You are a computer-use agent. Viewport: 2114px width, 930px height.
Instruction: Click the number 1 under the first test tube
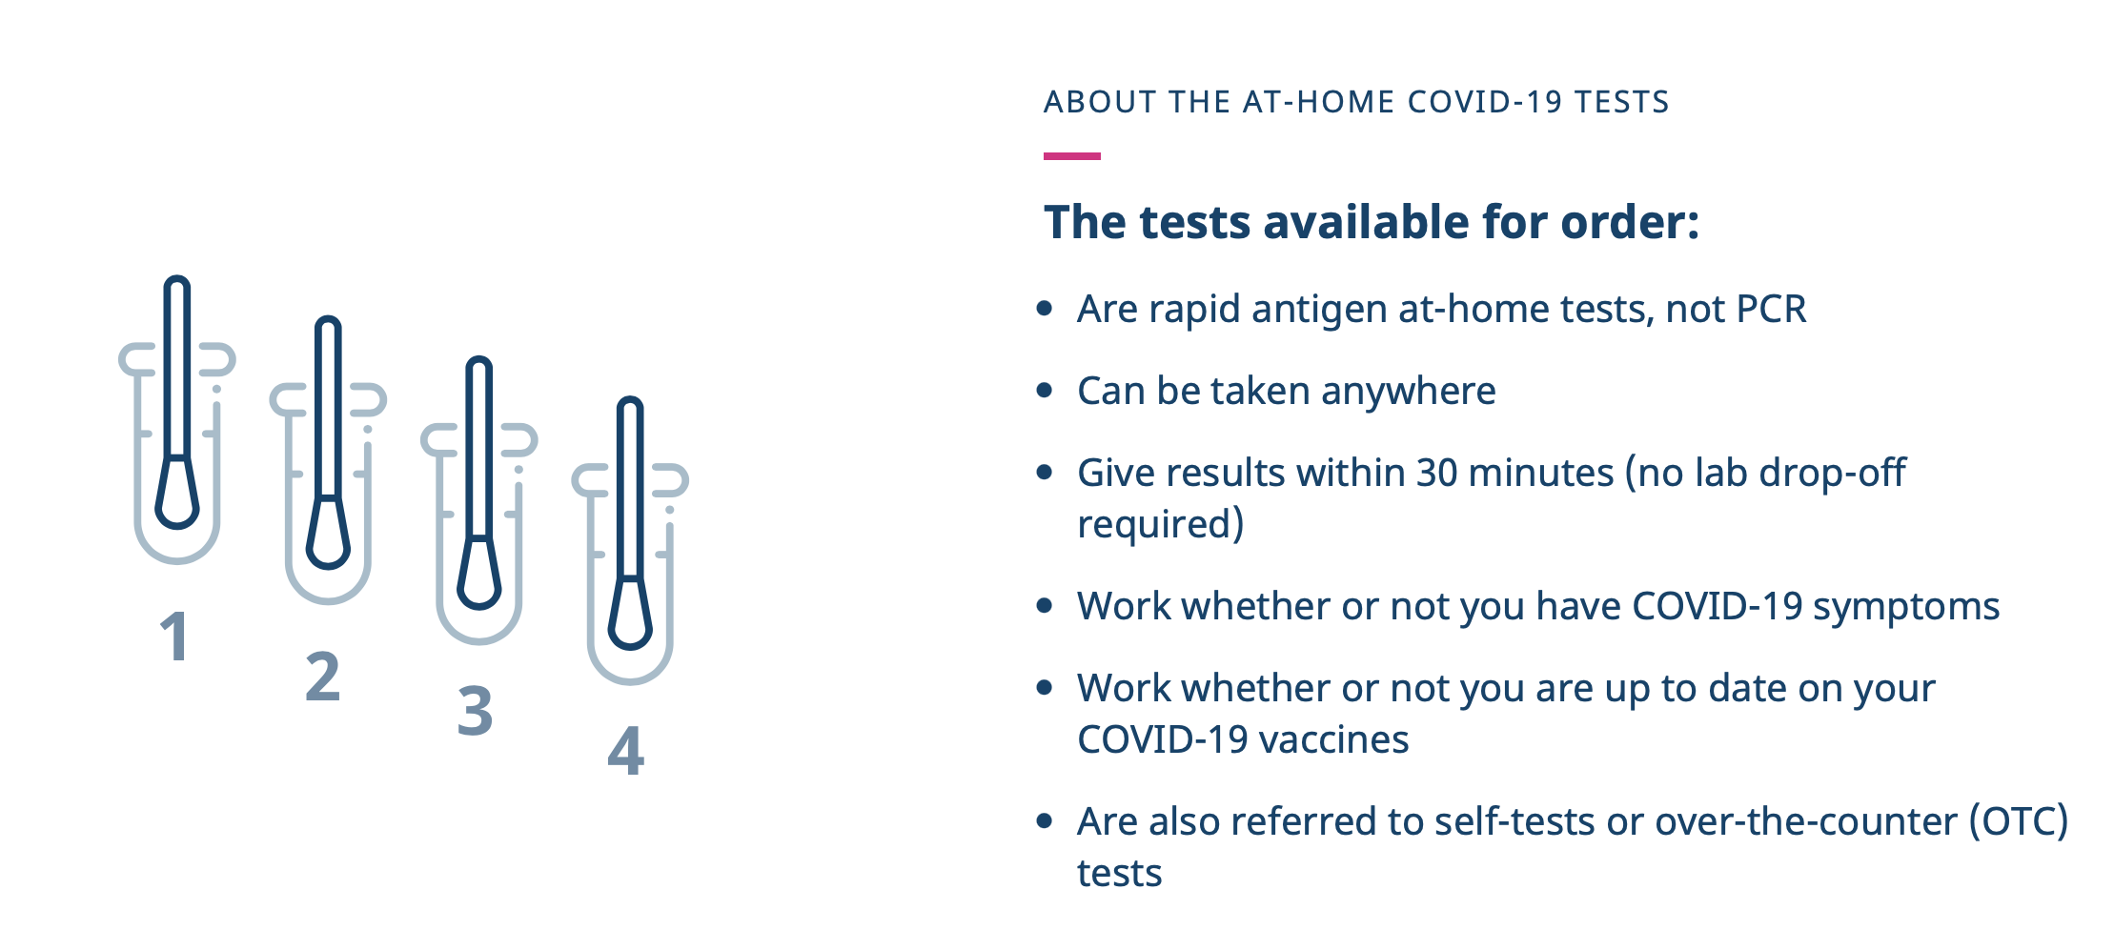(x=175, y=636)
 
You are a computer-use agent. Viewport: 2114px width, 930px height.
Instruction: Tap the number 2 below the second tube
(x=322, y=676)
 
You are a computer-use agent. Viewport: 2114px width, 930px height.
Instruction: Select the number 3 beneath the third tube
(x=475, y=711)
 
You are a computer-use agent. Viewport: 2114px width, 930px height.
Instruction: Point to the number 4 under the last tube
(x=626, y=750)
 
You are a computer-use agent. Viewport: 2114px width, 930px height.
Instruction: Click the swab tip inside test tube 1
(x=177, y=493)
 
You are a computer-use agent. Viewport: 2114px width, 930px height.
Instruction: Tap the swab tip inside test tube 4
(x=630, y=614)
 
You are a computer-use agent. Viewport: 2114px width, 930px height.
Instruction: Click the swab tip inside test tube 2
(x=328, y=533)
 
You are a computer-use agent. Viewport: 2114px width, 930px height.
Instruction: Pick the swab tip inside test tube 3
(x=478, y=574)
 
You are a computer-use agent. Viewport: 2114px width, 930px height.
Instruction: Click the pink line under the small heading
(x=1072, y=156)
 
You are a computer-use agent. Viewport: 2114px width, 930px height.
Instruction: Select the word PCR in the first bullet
(x=1771, y=309)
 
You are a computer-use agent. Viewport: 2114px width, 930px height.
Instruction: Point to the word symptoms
(x=1906, y=607)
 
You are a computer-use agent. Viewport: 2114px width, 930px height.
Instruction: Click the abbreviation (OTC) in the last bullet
(x=2019, y=821)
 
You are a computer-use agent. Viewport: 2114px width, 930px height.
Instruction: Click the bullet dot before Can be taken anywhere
(x=1045, y=391)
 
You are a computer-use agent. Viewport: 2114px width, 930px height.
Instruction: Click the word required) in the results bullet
(x=1160, y=525)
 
